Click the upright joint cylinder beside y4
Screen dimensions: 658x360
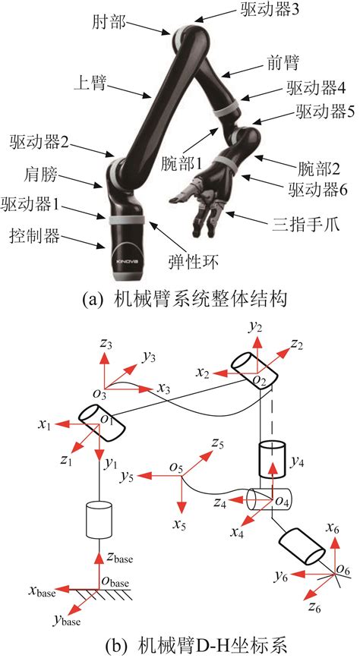click(x=271, y=460)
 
